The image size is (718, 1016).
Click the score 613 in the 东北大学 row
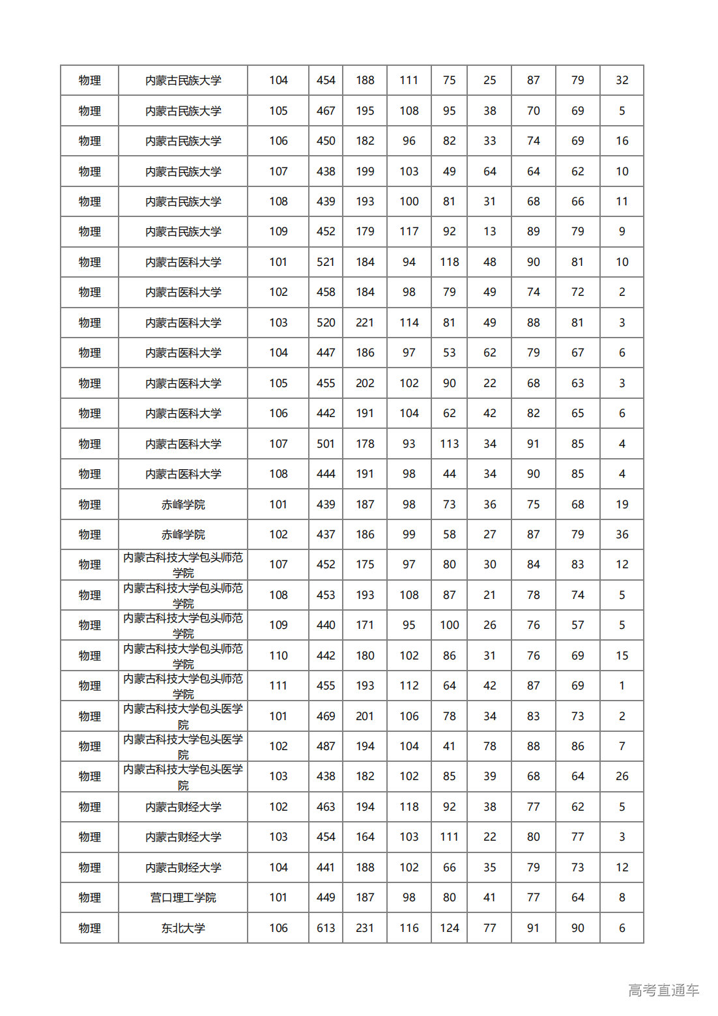pyautogui.click(x=326, y=928)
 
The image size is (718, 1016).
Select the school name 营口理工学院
pyautogui.click(x=183, y=897)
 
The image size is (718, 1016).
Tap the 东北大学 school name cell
pyautogui.click(x=183, y=928)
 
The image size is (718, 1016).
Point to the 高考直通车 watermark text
pyautogui.click(x=663, y=990)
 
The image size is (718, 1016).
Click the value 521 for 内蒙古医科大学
pyautogui.click(x=326, y=262)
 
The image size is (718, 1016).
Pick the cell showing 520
pyautogui.click(x=326, y=323)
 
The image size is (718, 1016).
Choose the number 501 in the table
pyautogui.click(x=326, y=444)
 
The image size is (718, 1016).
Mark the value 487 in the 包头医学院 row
pyautogui.click(x=326, y=746)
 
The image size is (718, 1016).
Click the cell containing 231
pyautogui.click(x=365, y=928)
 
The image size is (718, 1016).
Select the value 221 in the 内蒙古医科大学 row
pyautogui.click(x=365, y=323)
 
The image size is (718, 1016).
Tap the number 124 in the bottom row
pyautogui.click(x=450, y=928)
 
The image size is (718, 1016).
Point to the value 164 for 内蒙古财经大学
pyautogui.click(x=365, y=837)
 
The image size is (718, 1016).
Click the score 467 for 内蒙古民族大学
pyautogui.click(x=326, y=111)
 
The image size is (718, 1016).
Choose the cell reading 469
pyautogui.click(x=326, y=716)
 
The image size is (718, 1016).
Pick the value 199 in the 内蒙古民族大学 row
pyautogui.click(x=365, y=171)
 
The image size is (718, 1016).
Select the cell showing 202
pyautogui.click(x=365, y=383)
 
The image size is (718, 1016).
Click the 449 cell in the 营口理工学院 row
pyautogui.click(x=326, y=897)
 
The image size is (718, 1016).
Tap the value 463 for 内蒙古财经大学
pyautogui.click(x=326, y=807)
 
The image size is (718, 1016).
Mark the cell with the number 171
pyautogui.click(x=365, y=625)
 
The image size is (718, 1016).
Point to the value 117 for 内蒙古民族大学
pyautogui.click(x=409, y=231)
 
